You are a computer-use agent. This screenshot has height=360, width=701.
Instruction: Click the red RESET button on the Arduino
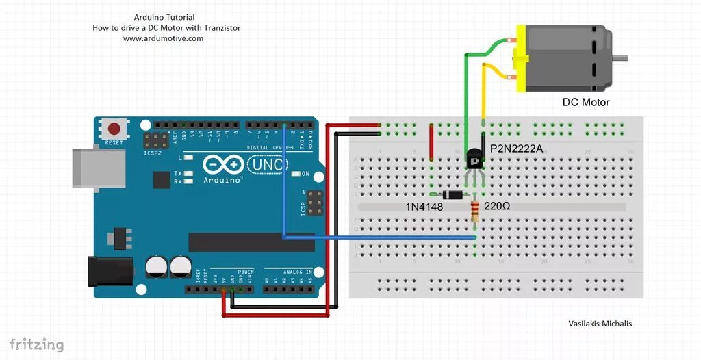click(114, 128)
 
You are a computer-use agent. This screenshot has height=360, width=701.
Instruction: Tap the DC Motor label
click(585, 103)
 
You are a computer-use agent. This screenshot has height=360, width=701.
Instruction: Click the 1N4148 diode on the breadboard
click(453, 194)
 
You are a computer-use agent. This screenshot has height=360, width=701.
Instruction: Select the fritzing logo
click(36, 344)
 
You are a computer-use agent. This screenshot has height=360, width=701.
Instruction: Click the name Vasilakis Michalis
click(600, 324)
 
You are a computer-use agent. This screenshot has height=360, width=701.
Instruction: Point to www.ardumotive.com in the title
click(163, 39)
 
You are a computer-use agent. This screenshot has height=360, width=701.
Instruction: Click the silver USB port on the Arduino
click(99, 167)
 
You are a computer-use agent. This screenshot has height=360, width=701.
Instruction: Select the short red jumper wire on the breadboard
click(431, 142)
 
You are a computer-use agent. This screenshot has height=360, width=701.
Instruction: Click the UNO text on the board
click(268, 164)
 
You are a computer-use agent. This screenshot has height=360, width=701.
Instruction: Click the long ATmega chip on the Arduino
click(251, 242)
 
